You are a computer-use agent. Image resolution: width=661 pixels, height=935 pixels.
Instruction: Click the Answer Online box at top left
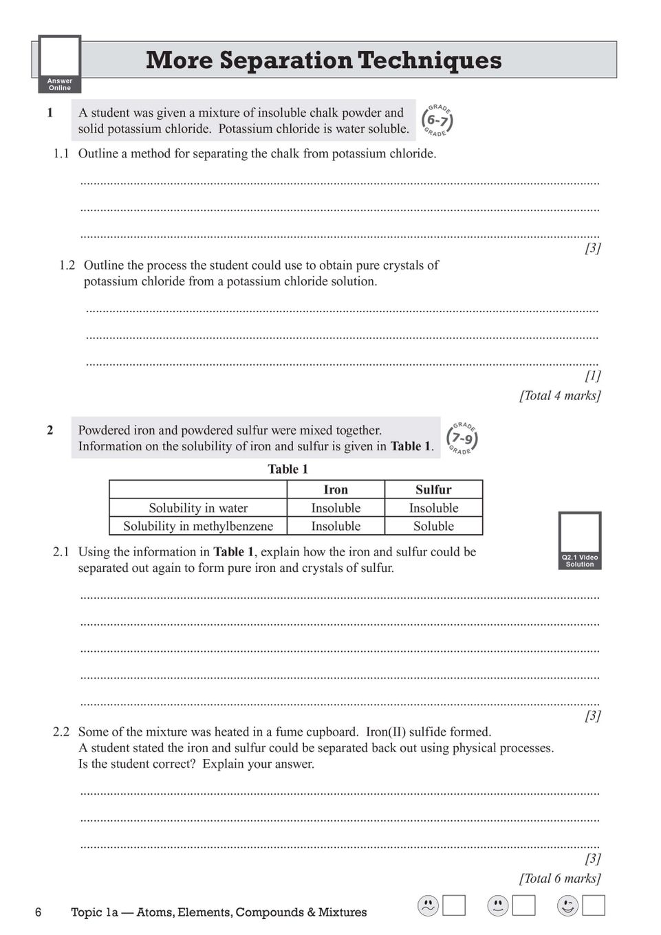60,64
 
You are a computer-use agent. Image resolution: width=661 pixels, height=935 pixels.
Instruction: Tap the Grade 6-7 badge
437,120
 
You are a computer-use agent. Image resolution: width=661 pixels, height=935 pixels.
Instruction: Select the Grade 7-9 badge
462,438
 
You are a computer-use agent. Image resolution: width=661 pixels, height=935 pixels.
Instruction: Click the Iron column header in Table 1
336,489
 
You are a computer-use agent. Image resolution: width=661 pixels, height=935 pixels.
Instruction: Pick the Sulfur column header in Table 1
433,489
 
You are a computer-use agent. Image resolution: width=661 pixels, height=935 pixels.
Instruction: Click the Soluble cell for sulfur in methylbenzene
433,526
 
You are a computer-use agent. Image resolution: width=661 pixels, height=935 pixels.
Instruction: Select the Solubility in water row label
198,508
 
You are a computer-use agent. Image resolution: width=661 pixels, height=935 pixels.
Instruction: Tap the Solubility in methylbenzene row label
198,526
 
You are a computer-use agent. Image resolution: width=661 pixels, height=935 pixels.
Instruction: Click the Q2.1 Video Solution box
580,540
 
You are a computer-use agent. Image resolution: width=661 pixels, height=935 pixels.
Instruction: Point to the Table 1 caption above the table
288,470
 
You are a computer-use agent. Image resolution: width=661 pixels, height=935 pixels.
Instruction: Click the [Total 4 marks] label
560,395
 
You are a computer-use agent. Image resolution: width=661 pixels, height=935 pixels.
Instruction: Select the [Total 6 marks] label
560,878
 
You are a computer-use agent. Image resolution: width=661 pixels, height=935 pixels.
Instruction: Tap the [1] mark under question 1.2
593,375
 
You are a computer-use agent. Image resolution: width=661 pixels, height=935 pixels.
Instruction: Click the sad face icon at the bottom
428,906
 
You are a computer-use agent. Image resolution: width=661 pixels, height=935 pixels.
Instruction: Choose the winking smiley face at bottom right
567,906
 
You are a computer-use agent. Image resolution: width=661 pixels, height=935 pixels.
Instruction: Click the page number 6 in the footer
39,912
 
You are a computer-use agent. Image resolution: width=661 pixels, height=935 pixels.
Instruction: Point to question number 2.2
61,732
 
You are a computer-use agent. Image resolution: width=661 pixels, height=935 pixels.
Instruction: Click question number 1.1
61,153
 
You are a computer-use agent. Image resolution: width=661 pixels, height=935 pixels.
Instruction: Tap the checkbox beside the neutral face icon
524,905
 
